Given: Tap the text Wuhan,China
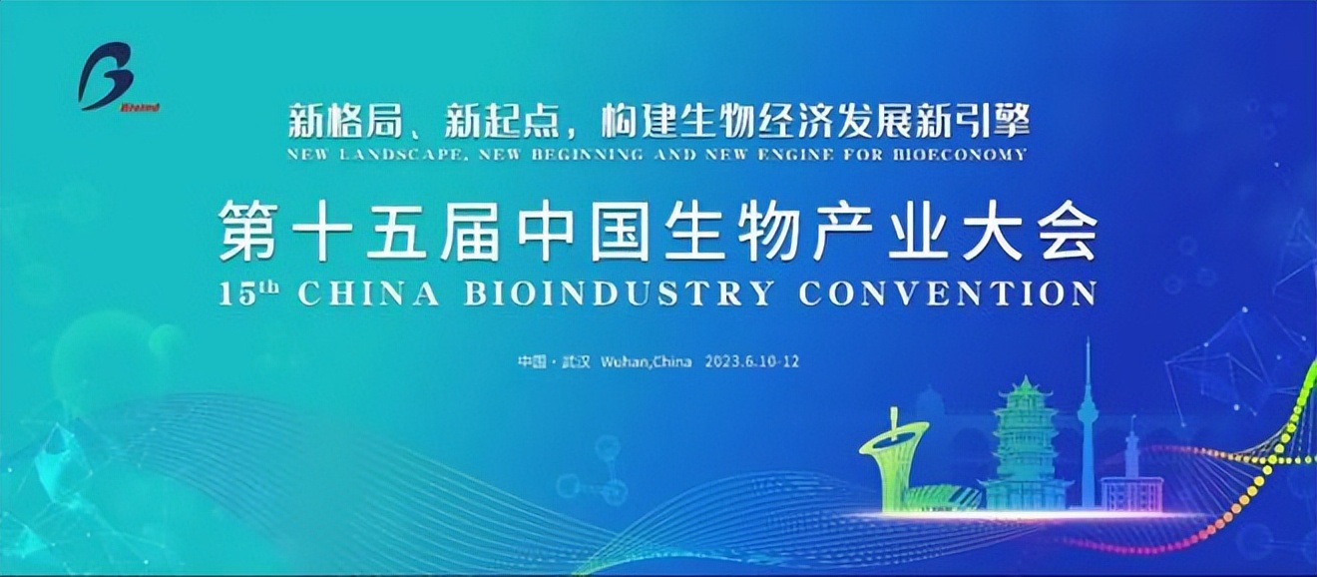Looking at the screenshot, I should click(x=647, y=361).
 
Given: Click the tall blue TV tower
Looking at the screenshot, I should click(x=1087, y=419).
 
